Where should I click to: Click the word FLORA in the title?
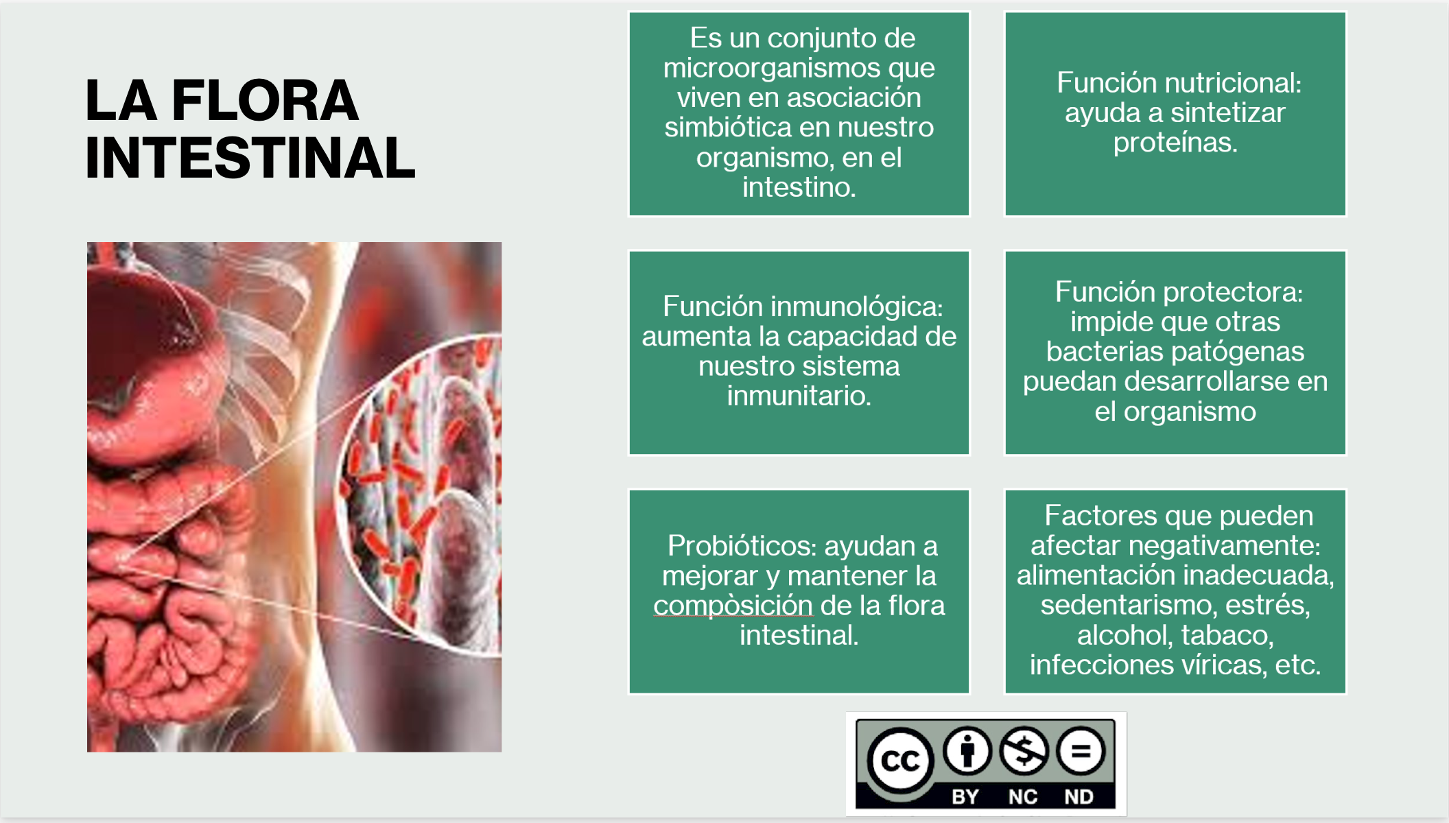point(265,100)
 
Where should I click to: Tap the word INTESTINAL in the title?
point(250,158)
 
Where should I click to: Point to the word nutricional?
point(1231,83)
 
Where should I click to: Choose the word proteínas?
point(1175,143)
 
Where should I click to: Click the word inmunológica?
point(856,307)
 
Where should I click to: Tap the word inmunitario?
point(799,396)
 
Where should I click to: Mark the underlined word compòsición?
point(733,606)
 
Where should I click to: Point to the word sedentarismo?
point(1129,605)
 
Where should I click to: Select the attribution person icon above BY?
point(967,750)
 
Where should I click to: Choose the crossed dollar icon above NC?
point(1024,750)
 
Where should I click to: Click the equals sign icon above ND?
point(1081,750)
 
